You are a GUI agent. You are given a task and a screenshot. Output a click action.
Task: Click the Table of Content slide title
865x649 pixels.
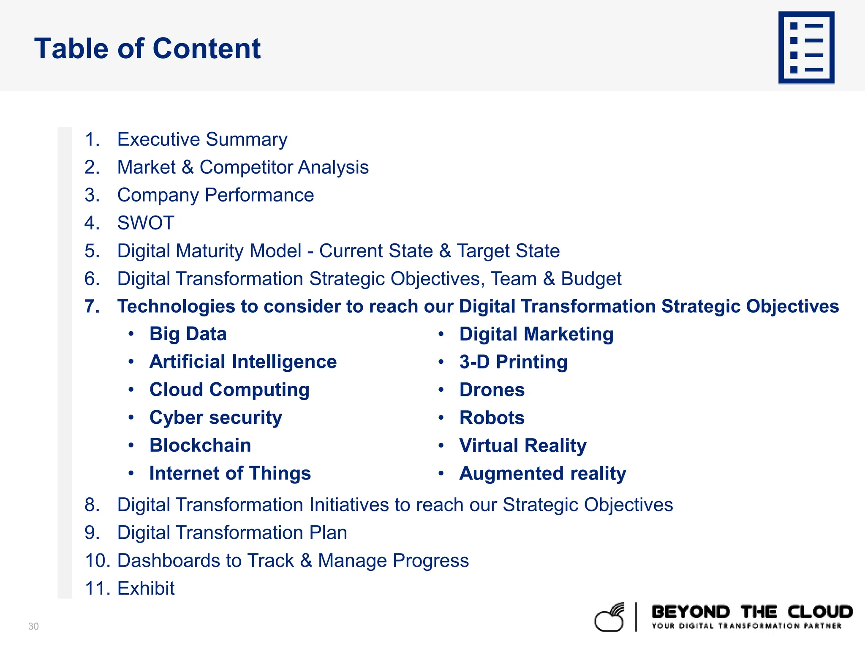click(147, 49)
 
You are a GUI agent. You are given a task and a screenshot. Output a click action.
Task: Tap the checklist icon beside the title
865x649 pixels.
click(806, 48)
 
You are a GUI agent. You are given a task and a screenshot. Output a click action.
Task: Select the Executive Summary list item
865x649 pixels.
click(202, 139)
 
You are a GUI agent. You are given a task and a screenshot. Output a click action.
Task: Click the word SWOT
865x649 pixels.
click(146, 223)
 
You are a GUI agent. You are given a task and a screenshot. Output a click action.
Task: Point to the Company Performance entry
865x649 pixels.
click(215, 195)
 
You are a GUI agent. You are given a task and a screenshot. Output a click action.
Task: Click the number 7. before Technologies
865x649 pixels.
click(92, 306)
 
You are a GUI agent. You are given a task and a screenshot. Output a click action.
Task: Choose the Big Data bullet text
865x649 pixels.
click(188, 334)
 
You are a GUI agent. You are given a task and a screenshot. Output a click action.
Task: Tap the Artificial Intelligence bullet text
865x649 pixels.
click(243, 362)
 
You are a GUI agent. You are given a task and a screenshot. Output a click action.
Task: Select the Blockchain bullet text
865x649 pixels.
click(200, 445)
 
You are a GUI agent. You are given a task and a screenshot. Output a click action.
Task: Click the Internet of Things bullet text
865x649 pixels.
click(230, 473)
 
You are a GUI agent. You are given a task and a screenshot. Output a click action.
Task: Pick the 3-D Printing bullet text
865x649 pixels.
click(513, 362)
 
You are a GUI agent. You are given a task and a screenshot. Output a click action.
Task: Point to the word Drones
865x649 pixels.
click(492, 390)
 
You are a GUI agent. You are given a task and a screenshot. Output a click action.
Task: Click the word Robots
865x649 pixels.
click(492, 417)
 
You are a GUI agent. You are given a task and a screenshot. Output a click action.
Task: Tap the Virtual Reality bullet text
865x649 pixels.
click(522, 445)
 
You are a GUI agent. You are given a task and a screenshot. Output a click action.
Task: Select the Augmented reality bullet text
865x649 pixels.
click(542, 473)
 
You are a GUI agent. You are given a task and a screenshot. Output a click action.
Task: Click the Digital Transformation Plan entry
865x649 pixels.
click(232, 532)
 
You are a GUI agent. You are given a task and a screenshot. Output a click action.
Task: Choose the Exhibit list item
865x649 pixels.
click(146, 588)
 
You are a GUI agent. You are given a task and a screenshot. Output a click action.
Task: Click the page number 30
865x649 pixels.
click(33, 626)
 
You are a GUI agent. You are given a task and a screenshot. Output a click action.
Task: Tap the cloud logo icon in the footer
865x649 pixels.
click(609, 618)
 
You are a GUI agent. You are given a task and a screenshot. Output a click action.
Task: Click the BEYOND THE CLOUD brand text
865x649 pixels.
click(752, 612)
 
